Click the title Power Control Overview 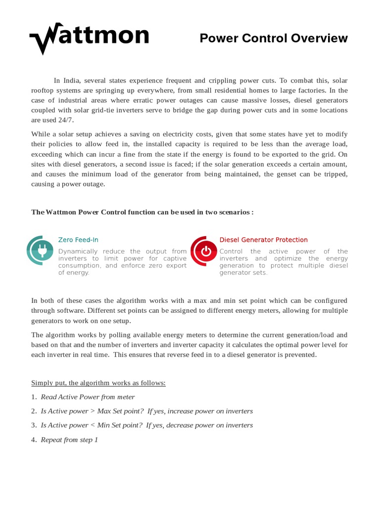(274, 39)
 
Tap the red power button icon (204, 252)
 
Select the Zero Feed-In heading (78, 240)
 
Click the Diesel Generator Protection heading (263, 240)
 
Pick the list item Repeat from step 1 (69, 439)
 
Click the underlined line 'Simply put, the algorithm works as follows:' (98, 383)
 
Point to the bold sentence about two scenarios (142, 212)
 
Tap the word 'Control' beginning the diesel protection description (231, 252)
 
